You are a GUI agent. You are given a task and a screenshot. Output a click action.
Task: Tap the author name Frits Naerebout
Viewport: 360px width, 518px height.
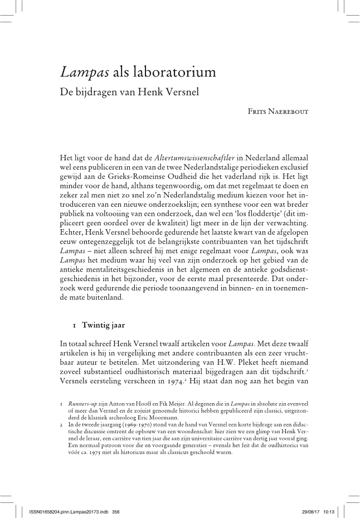click(278, 112)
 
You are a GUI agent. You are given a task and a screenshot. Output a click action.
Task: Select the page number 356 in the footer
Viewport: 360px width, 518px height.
click(116, 511)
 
